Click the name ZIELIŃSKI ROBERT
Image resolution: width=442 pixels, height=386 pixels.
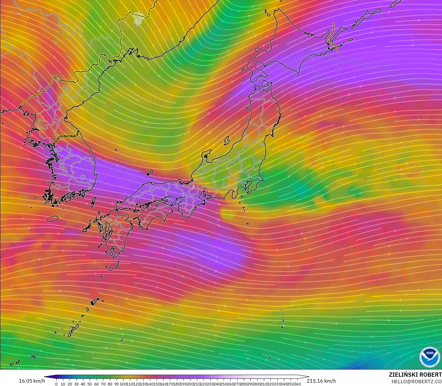click(415, 375)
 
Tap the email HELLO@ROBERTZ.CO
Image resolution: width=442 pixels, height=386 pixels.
click(417, 381)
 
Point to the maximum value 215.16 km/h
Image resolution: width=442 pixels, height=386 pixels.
click(321, 381)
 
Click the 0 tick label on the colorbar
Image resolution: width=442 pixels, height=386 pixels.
click(56, 384)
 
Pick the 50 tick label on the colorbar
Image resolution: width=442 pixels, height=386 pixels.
click(90, 384)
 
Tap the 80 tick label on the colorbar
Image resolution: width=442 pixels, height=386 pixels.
click(110, 384)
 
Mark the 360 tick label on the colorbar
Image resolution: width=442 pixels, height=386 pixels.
click(297, 384)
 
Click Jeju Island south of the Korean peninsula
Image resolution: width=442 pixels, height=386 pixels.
click(52, 219)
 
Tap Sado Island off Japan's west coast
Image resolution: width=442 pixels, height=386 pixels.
click(227, 140)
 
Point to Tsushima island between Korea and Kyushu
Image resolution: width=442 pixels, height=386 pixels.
click(93, 202)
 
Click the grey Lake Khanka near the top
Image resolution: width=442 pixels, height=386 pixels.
click(138, 19)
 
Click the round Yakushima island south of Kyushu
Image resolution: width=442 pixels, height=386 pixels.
click(111, 268)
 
